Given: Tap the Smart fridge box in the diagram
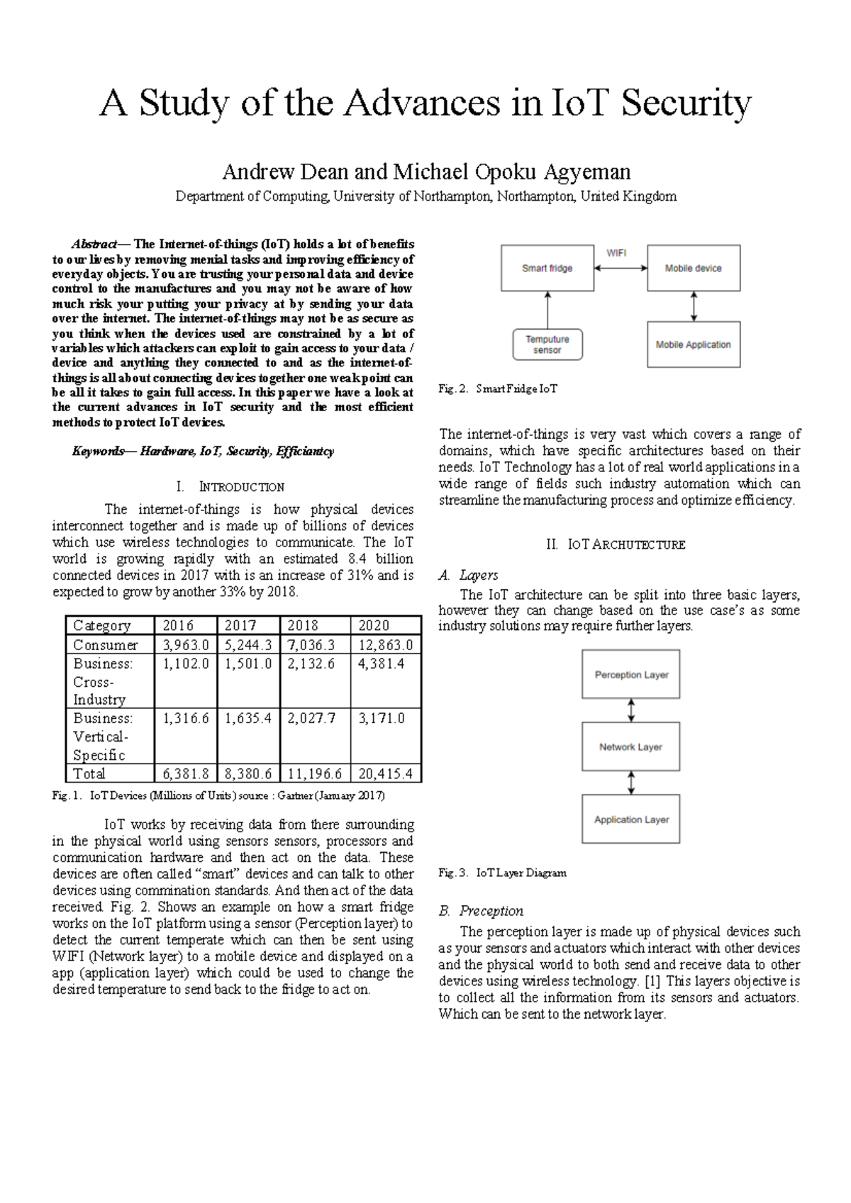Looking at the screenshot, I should click(x=547, y=268).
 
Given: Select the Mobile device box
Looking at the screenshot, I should click(x=693, y=268).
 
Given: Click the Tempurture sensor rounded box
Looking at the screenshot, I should click(x=547, y=345).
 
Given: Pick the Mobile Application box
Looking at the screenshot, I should click(x=693, y=345).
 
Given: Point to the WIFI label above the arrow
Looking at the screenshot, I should click(x=616, y=252).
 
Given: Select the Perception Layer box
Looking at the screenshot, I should click(x=631, y=675).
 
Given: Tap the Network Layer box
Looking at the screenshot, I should click(x=631, y=747).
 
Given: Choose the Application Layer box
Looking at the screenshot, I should click(x=631, y=819).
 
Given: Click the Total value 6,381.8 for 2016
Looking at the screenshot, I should click(x=186, y=773).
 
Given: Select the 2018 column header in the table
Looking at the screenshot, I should click(x=303, y=625).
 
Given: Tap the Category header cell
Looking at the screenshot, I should click(x=103, y=625).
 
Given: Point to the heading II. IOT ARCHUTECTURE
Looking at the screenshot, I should click(x=616, y=545).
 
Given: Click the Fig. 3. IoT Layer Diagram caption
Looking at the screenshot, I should click(x=502, y=873).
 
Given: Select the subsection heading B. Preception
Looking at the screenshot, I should click(x=481, y=911).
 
